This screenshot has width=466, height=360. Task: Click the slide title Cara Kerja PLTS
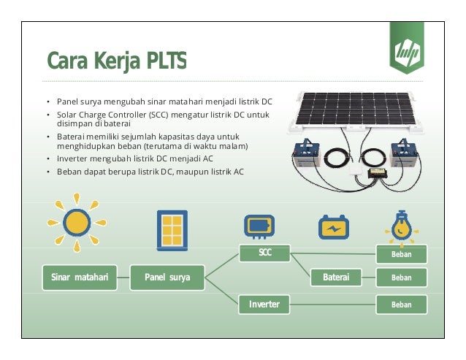116,59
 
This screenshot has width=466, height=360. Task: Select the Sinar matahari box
80,277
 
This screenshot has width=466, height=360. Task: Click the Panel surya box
167,277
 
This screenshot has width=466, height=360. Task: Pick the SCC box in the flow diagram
264,253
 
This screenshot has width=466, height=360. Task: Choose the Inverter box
264,303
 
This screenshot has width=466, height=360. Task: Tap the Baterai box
336,277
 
